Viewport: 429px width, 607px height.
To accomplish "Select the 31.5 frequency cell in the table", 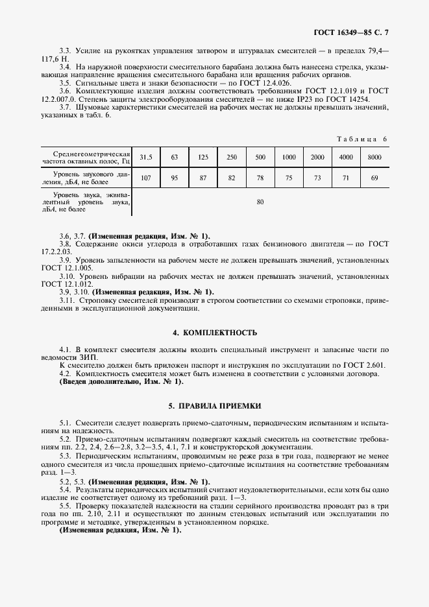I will coord(146,158).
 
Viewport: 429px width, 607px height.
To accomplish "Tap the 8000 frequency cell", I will coord(374,158).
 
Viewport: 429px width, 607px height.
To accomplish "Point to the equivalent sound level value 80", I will coord(260,202).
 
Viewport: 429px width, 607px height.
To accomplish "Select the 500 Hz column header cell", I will coord(260,158).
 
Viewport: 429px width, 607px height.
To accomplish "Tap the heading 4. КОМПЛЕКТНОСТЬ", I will coord(214,333).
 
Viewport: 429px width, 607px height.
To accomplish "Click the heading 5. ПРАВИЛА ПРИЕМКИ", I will coord(214,405).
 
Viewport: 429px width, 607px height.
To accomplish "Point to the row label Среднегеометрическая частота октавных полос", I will coord(86,158).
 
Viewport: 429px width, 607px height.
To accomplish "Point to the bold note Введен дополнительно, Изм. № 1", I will coord(119,383).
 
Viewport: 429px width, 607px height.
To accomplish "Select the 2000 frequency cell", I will coord(317,158).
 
